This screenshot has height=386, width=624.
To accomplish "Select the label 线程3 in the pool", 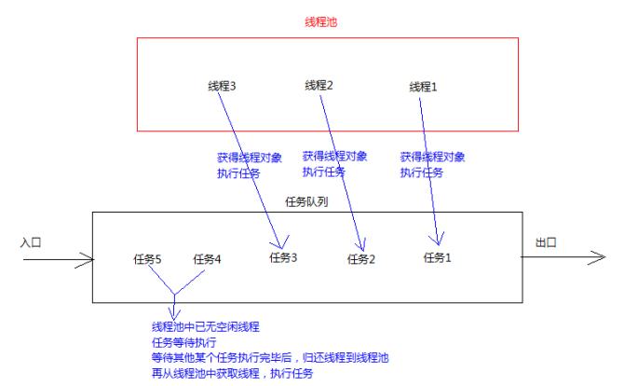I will pos(222,86).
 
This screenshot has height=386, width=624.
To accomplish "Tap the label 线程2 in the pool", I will pos(319,86).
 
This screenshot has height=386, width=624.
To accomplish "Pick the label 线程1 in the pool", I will pos(423,87).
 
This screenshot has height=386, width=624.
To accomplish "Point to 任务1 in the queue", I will pos(437,257).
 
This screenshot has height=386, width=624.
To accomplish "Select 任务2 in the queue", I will pos(360,259).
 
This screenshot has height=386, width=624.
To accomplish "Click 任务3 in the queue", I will pos(283,257).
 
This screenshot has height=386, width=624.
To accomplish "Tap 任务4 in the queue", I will pos(207,259).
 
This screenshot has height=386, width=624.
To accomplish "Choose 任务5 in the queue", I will pos(147,259).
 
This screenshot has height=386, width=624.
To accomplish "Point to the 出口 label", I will pos(545,242).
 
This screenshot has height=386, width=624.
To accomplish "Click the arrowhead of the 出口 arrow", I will pos(601,258).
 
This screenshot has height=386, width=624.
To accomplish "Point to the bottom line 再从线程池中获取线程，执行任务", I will pos(232,373).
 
